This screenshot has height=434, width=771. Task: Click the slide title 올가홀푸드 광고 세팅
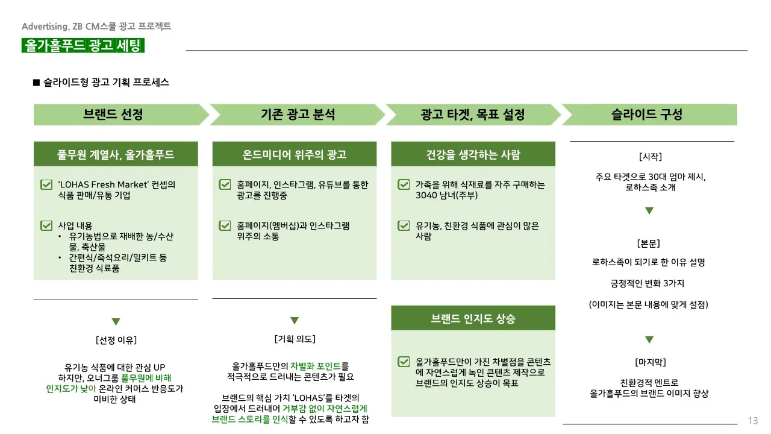tap(83, 46)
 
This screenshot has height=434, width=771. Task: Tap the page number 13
tap(753, 421)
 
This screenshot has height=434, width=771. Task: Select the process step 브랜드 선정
tap(114, 115)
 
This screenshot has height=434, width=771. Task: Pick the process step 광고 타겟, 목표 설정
tap(473, 115)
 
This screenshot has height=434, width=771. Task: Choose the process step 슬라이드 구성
tap(647, 115)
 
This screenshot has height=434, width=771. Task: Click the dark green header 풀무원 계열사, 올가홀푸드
tap(116, 154)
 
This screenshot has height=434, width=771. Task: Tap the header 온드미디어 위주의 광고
tap(295, 154)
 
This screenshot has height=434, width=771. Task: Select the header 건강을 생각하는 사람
tap(473, 154)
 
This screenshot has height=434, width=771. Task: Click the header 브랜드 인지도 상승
tap(473, 318)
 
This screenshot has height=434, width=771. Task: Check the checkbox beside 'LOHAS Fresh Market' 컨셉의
tap(46, 185)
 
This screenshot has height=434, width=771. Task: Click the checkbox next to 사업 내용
tap(46, 226)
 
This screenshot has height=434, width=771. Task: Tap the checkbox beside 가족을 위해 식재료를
tap(404, 185)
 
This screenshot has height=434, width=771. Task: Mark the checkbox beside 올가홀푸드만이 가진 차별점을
tap(404, 362)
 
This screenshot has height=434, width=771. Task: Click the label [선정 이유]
tap(116, 341)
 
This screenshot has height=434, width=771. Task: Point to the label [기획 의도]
tap(295, 339)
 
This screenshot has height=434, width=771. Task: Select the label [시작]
tap(650, 157)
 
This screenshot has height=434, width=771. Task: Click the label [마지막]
tap(650, 362)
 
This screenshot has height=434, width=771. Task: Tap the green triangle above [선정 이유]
tap(116, 322)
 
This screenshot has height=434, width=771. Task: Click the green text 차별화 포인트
tap(316, 366)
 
